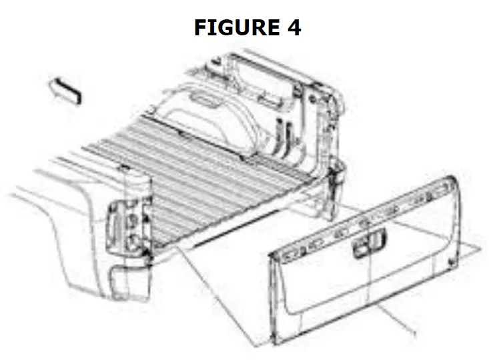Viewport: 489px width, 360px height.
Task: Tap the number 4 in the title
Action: pos(294,27)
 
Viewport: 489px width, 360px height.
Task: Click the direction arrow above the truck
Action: pos(66,89)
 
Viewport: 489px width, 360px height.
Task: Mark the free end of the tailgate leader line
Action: pos(415,331)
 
